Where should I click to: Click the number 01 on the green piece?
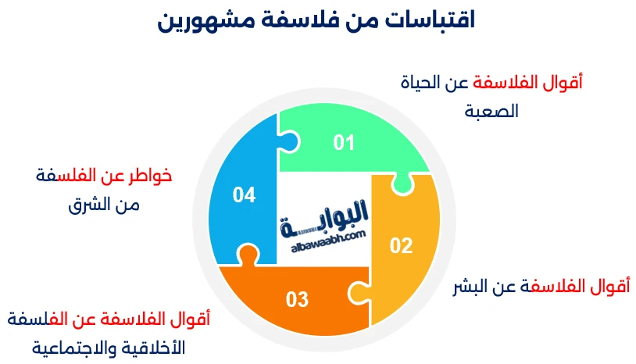tap(344, 143)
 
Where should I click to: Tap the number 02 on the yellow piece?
tap(401, 246)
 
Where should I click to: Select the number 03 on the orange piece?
tap(297, 299)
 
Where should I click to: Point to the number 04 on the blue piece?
tap(245, 195)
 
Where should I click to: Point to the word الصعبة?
tap(492, 111)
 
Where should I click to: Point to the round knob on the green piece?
tap(403, 184)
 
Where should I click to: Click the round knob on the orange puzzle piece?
tap(247, 255)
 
